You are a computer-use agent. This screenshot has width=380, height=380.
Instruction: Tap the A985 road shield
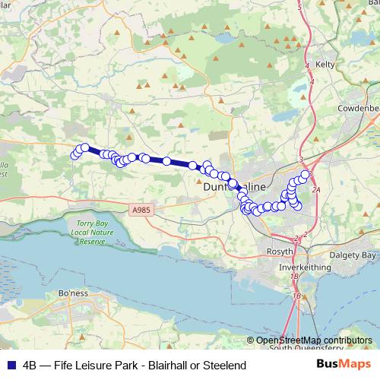pyautogui.click(x=139, y=208)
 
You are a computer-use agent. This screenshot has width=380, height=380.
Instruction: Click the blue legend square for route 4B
pyautogui.click(x=11, y=366)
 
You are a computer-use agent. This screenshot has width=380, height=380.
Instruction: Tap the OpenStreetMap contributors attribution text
pyautogui.click(x=314, y=340)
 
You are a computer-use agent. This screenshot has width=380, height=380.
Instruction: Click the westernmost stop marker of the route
pyautogui.click(x=74, y=156)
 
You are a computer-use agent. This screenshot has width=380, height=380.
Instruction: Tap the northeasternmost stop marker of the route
pyautogui.click(x=306, y=174)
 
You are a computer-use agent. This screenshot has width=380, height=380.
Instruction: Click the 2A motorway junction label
pyautogui.click(x=317, y=191)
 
